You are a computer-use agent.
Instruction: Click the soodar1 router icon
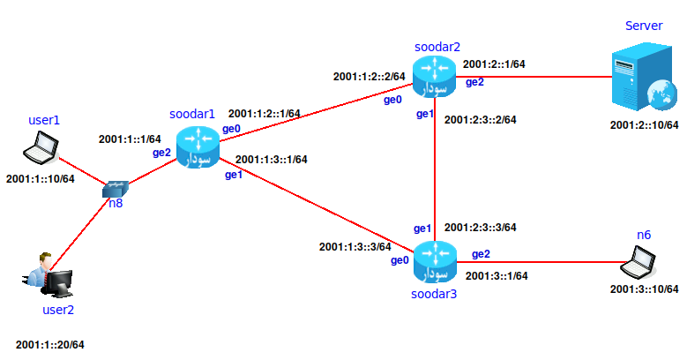[x=197, y=146]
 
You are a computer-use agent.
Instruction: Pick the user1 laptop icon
[x=41, y=147]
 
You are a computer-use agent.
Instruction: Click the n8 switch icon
[x=116, y=189]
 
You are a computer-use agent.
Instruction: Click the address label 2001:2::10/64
[x=644, y=124]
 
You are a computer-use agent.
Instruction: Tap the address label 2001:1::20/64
[x=50, y=344]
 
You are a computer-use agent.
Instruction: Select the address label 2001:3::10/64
[x=644, y=289]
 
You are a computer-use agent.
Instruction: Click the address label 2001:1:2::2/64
[x=369, y=77]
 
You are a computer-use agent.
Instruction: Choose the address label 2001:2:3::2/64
[x=480, y=119]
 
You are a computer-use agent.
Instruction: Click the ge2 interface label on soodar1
[x=162, y=152]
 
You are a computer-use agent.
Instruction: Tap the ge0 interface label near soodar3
[x=400, y=260]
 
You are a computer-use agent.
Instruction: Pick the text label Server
[x=644, y=26]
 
